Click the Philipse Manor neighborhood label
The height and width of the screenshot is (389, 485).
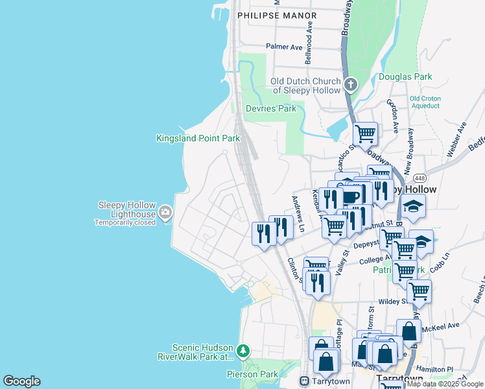click(x=277, y=15)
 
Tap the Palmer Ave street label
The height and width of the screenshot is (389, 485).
click(x=284, y=47)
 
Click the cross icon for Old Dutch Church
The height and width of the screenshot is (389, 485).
click(x=350, y=85)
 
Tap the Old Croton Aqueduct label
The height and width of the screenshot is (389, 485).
click(x=425, y=102)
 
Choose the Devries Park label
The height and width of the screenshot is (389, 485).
click(x=270, y=108)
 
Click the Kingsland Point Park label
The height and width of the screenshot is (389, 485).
click(x=198, y=138)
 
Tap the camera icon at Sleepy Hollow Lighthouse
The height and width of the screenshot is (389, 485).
click(x=165, y=211)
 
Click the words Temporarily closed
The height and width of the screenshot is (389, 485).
click(x=125, y=222)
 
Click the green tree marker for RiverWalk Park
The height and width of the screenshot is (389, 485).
click(x=242, y=351)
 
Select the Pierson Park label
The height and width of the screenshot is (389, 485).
click(x=252, y=374)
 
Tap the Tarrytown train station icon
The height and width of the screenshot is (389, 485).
click(x=303, y=380)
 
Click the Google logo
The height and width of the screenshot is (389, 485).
click(x=21, y=381)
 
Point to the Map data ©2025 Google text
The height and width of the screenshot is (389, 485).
click(x=445, y=384)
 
